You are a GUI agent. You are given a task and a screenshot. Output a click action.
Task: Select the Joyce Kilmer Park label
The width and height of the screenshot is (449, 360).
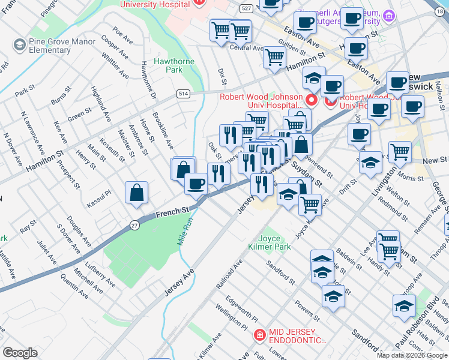270,242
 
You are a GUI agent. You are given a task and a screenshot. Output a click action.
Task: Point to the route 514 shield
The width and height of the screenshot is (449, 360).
183,94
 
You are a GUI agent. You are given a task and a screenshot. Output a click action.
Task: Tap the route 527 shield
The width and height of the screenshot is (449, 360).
245,8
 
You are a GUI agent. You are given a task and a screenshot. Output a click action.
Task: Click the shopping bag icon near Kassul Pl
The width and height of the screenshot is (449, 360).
137,193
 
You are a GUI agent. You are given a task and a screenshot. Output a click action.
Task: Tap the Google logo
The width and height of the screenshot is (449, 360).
21,353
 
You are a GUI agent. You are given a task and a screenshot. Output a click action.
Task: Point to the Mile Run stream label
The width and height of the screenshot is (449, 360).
187,230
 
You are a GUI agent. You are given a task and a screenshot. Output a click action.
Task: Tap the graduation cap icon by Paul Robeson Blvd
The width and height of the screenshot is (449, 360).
405,305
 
